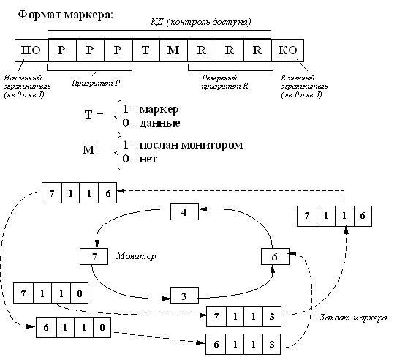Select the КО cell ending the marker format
(x=287, y=51)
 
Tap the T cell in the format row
(x=145, y=51)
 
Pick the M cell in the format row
(x=173, y=51)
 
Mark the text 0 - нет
(x=147, y=157)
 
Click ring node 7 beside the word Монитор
(x=94, y=258)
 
